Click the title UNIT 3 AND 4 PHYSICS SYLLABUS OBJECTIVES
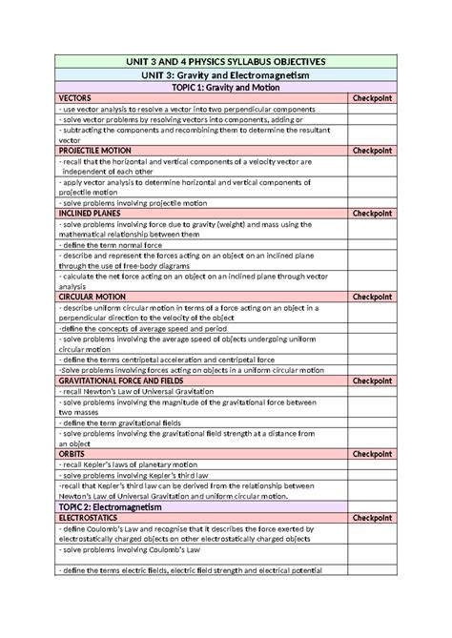(225, 60)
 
